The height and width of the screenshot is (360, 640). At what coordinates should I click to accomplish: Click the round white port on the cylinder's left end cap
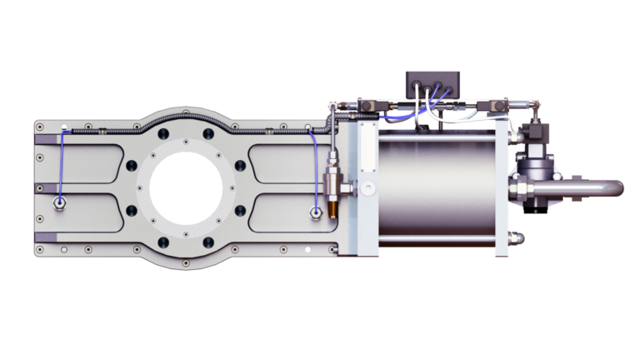(x=363, y=188)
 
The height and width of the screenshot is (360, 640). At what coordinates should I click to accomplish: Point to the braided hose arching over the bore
(x=183, y=117)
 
